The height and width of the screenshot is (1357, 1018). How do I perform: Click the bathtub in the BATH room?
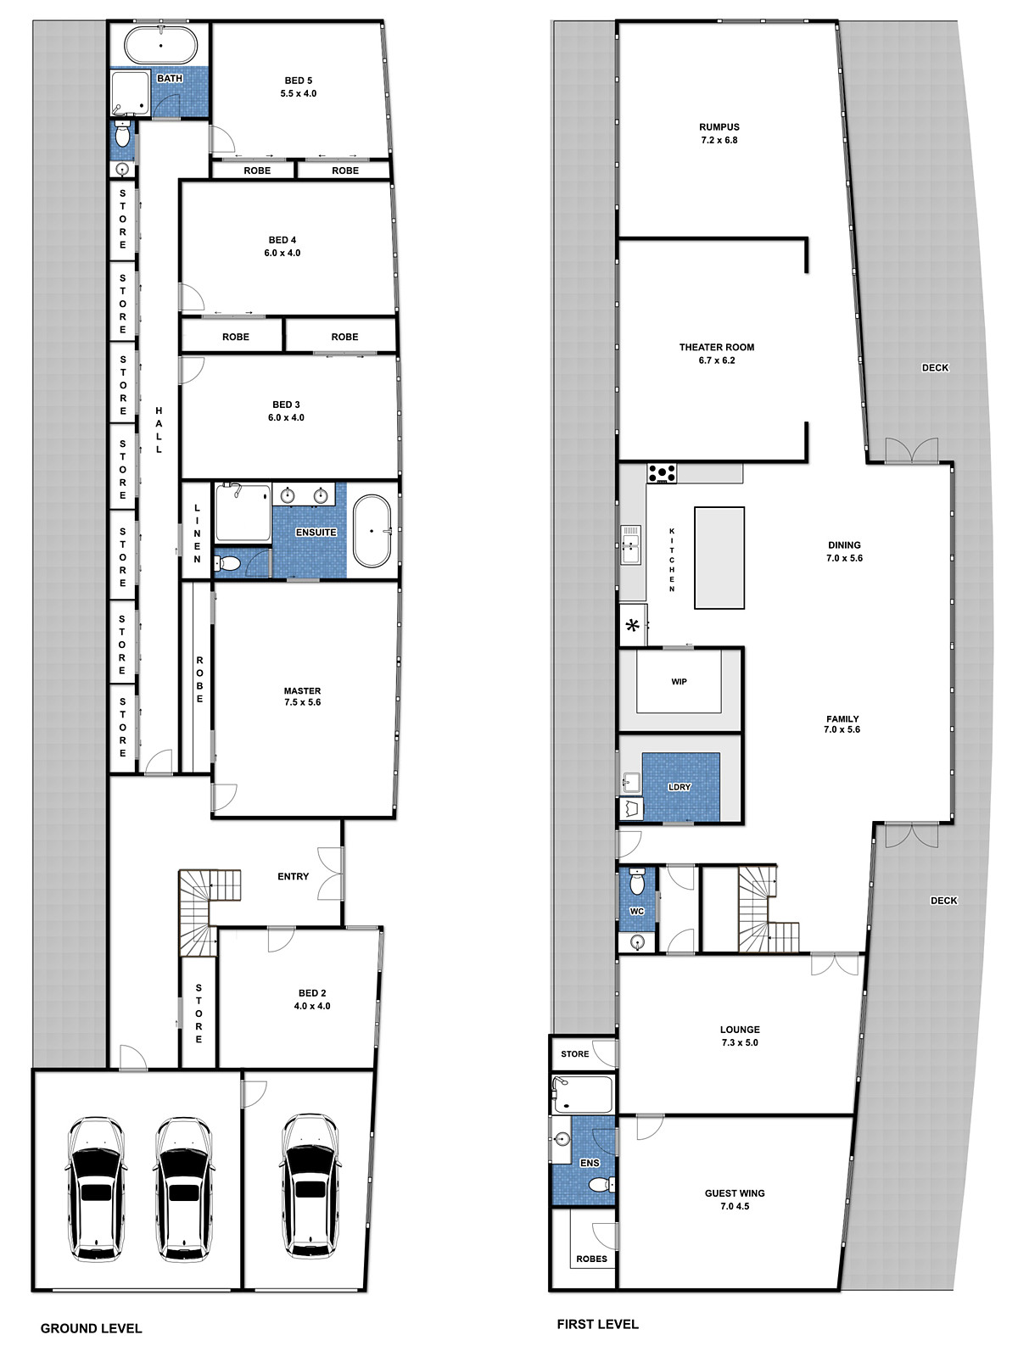pyautogui.click(x=161, y=47)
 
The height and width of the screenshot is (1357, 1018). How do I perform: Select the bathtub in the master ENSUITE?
pyautogui.click(x=372, y=530)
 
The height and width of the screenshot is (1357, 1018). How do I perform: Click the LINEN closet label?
pyautogui.click(x=197, y=533)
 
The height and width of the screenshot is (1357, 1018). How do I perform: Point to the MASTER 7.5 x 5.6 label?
pyautogui.click(x=302, y=696)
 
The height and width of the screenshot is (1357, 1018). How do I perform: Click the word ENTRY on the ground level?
pyautogui.click(x=293, y=876)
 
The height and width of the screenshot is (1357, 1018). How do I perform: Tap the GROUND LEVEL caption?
pyautogui.click(x=91, y=1328)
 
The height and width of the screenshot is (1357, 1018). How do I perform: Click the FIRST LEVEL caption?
pyautogui.click(x=598, y=1324)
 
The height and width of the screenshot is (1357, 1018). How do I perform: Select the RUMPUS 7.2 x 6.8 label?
pyautogui.click(x=719, y=133)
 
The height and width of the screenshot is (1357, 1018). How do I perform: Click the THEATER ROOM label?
pyautogui.click(x=716, y=347)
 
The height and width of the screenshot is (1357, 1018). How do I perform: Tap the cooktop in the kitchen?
pyautogui.click(x=662, y=473)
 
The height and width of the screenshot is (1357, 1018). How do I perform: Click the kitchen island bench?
pyautogui.click(x=719, y=558)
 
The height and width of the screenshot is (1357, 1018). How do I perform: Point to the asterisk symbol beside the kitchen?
pyautogui.click(x=632, y=626)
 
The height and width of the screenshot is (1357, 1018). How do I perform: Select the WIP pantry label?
pyautogui.click(x=679, y=681)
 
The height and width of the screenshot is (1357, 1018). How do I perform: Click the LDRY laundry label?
pyautogui.click(x=680, y=787)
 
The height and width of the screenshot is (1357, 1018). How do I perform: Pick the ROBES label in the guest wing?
pyautogui.click(x=591, y=1259)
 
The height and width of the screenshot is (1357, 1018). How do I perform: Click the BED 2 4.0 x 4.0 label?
pyautogui.click(x=312, y=1000)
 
